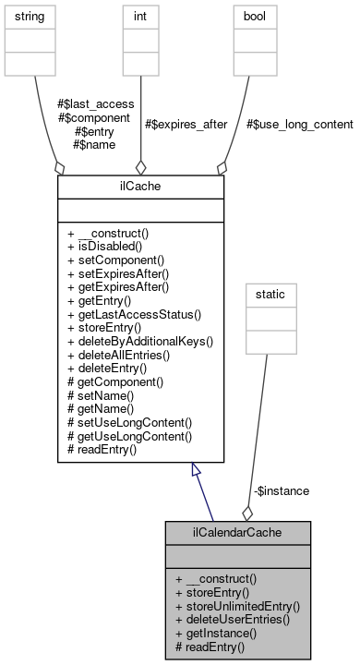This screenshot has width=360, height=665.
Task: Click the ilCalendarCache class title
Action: pos(237,533)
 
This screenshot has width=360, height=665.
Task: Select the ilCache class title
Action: pos(140,187)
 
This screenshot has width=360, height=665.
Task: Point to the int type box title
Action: pos(140,18)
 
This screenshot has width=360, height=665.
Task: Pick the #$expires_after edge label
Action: pos(187,124)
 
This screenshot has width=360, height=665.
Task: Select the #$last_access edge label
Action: pos(91,104)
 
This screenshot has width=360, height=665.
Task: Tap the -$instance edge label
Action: pos(281,490)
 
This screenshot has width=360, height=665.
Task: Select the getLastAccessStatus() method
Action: pos(134,314)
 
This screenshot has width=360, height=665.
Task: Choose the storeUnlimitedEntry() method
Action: pos(237,607)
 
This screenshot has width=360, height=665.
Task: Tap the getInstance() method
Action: pos(218,634)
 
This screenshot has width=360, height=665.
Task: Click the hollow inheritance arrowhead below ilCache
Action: pos(196,470)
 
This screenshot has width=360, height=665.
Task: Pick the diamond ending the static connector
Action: pos(247,513)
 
